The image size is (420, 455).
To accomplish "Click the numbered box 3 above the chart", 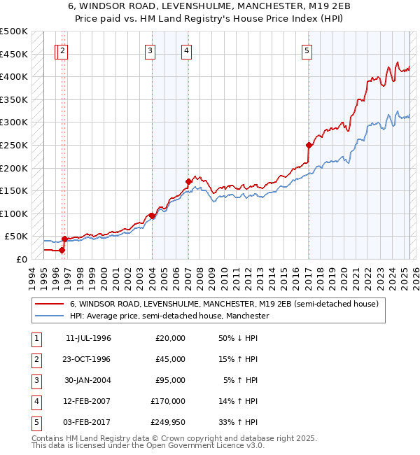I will pos(150,50).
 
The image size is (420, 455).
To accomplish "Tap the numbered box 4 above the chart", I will pos(187,50).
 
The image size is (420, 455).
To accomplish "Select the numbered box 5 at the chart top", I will pos(307,50).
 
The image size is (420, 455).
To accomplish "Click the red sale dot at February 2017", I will pos(308,146).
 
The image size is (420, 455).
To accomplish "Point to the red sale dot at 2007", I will pos(188,181).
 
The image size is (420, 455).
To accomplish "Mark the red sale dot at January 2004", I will pos(152,216).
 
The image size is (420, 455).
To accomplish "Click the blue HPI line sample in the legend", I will pos(50,316).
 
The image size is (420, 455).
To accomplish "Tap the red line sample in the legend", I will pos(50,304).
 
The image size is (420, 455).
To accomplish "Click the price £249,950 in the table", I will pos(168,421).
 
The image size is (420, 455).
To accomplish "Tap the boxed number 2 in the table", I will pos(35,359).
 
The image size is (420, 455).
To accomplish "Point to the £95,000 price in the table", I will pos(170,380).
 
